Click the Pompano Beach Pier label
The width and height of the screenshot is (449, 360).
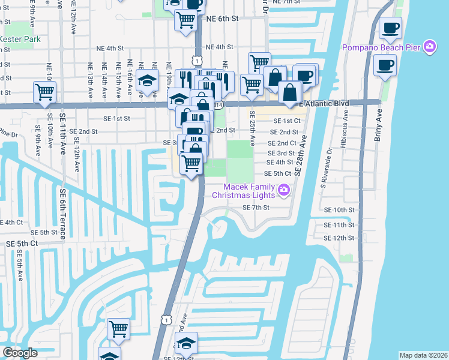pyautogui.click(x=381, y=48)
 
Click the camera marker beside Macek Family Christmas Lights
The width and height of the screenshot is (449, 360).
pyautogui.click(x=284, y=191)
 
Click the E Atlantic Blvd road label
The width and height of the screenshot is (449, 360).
pyautogui.click(x=324, y=104)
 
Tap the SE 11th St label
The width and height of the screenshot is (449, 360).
pyautogui.click(x=339, y=225)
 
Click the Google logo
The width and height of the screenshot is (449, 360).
pyautogui.click(x=20, y=353)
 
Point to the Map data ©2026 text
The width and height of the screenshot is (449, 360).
pyautogui.click(x=423, y=355)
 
